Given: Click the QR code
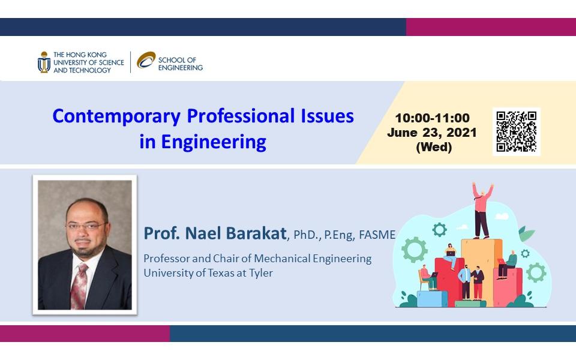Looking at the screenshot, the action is click(516, 131).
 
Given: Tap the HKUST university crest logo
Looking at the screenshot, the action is click(44, 62).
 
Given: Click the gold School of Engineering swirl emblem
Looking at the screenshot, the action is click(146, 60).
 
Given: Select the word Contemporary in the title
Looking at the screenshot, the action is click(116, 116).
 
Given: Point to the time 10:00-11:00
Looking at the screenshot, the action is click(432, 118).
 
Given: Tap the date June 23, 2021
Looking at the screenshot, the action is click(432, 133).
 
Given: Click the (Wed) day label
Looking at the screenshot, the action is click(434, 148).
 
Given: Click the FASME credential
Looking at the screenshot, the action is click(377, 235).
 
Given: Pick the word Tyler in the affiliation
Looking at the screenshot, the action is click(261, 274).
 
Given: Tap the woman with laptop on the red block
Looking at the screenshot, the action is click(451, 256).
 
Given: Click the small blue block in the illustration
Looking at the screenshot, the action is click(432, 299).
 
